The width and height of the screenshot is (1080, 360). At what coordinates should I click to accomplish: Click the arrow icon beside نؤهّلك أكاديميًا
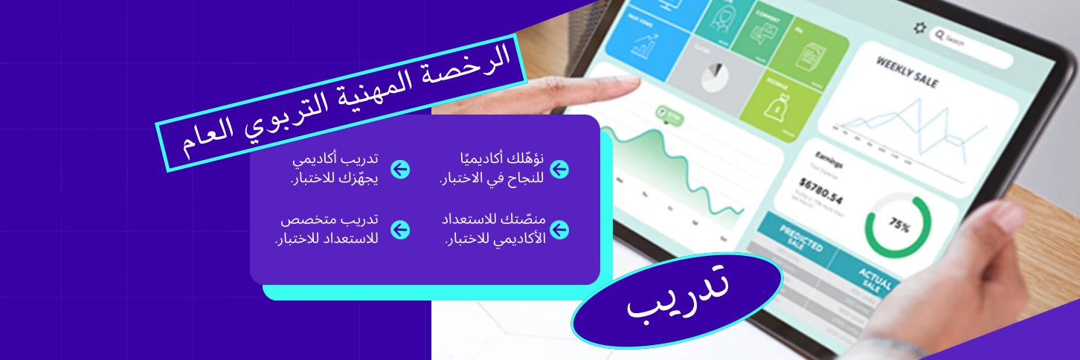click(559, 169)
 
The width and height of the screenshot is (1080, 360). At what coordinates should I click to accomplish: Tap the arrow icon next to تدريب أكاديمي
click(400, 169)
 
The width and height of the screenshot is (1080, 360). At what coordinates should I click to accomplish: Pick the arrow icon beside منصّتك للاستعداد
click(559, 229)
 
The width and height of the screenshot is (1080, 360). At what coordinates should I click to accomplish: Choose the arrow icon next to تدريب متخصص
click(400, 229)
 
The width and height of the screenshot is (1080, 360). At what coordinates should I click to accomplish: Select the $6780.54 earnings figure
click(821, 190)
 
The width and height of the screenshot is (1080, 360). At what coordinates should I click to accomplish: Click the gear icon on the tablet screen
click(920, 28)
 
